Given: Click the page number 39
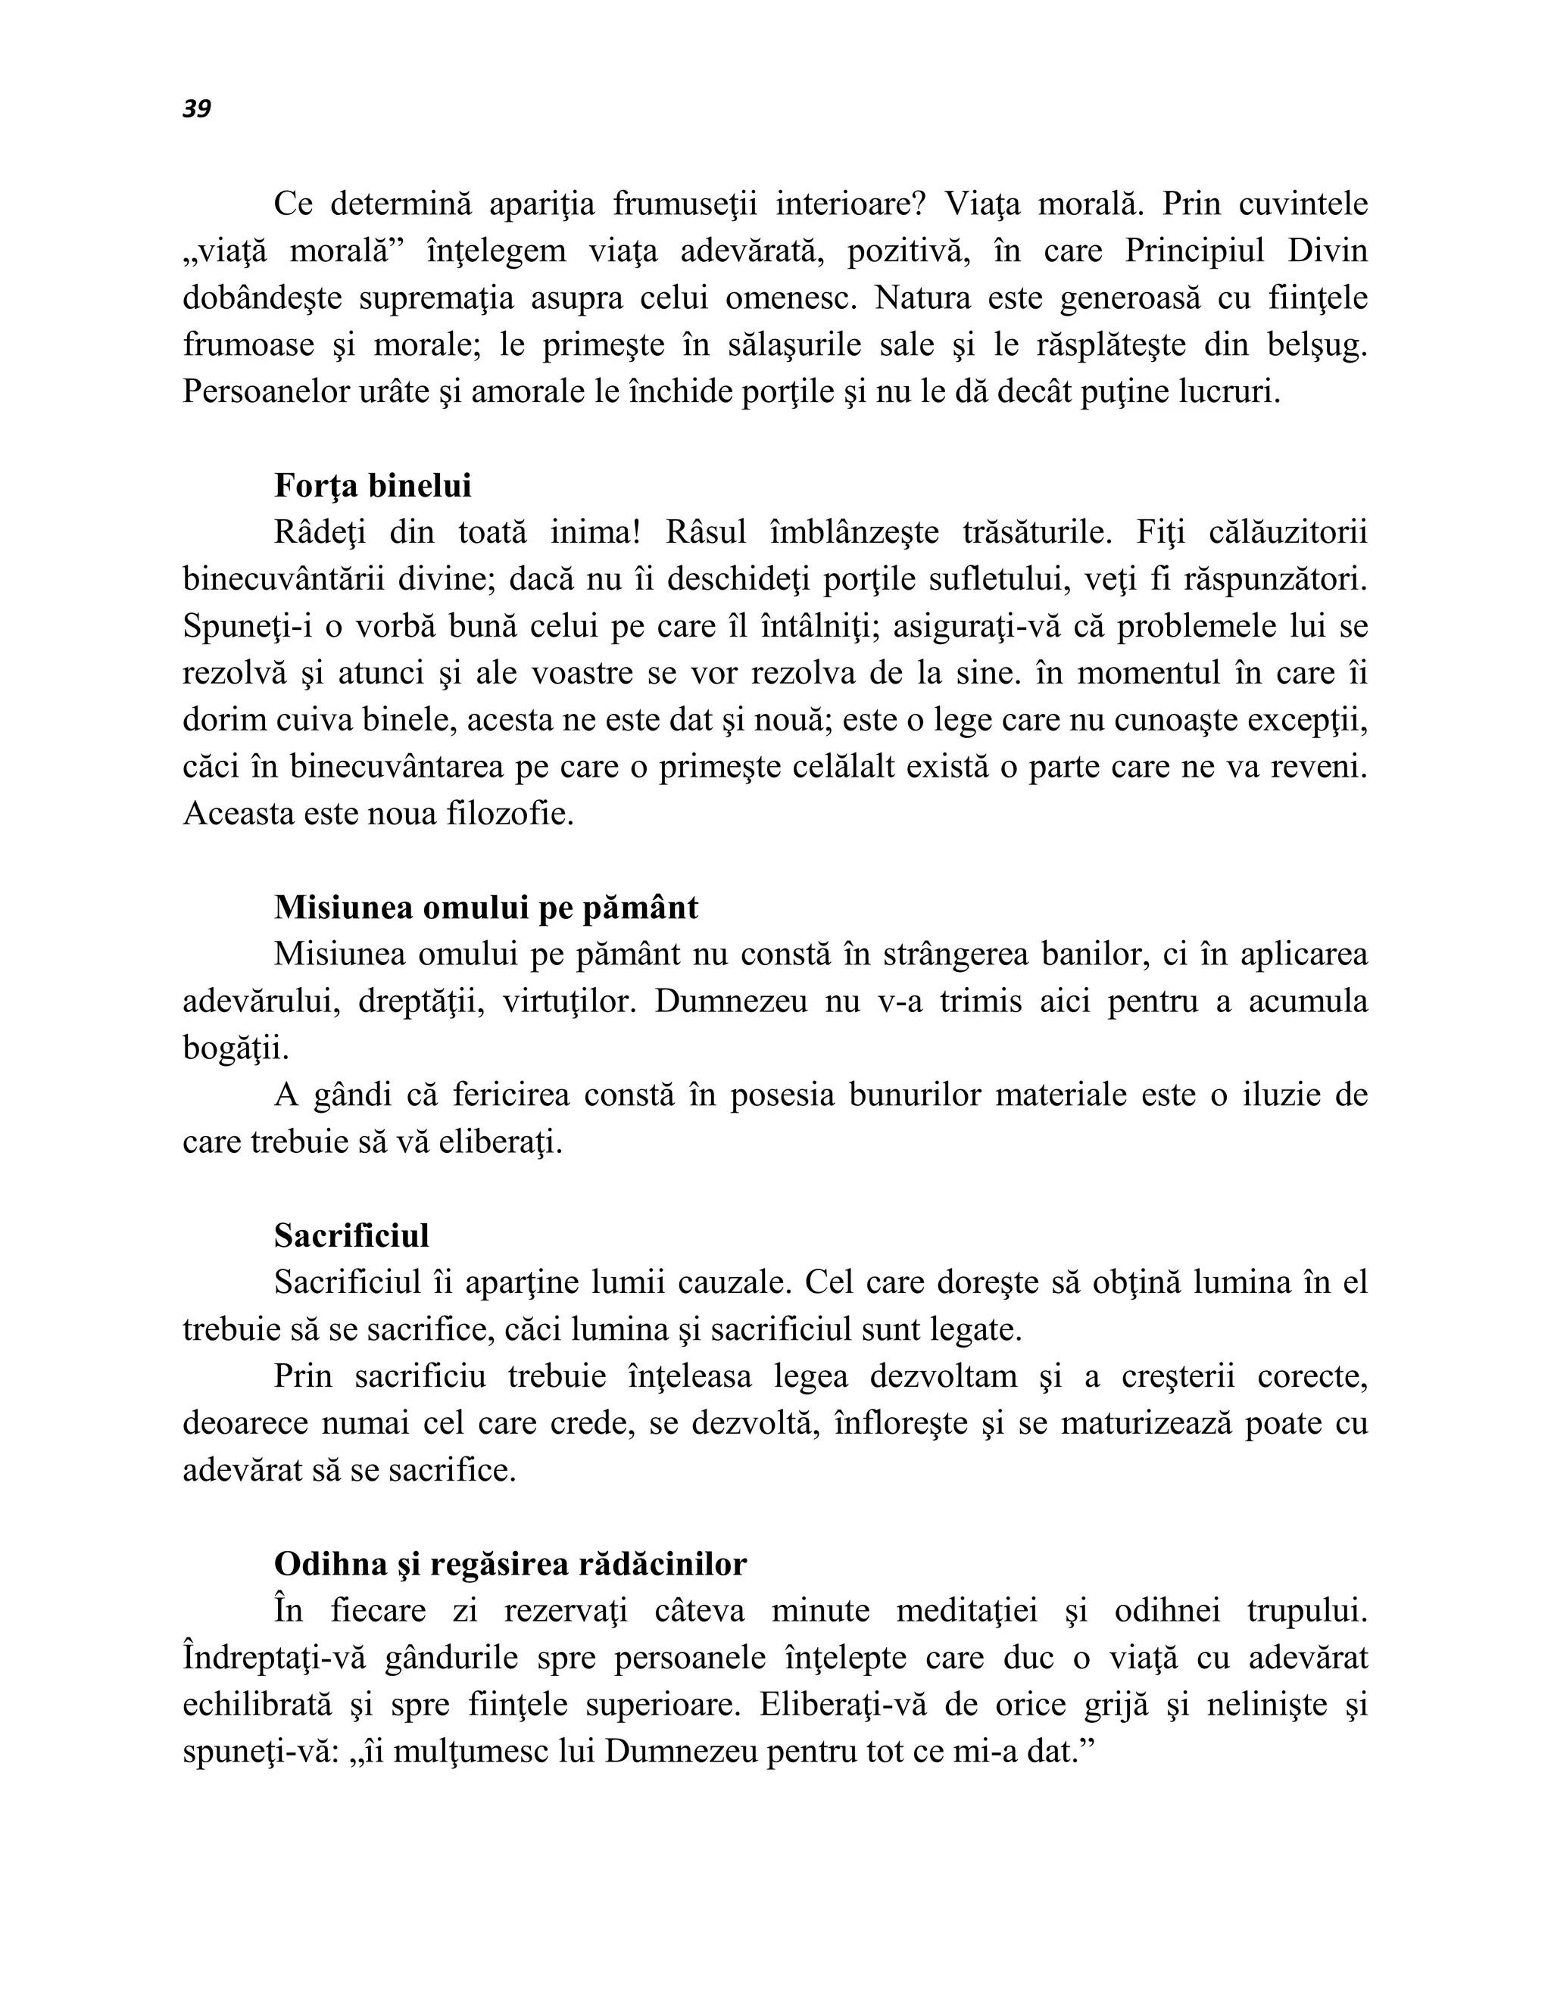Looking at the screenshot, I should click(197, 109).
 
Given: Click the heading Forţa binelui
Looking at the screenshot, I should click(372, 486).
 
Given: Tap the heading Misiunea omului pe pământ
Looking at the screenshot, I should click(485, 908).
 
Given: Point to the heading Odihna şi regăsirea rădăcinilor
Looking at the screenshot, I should click(510, 1564).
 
